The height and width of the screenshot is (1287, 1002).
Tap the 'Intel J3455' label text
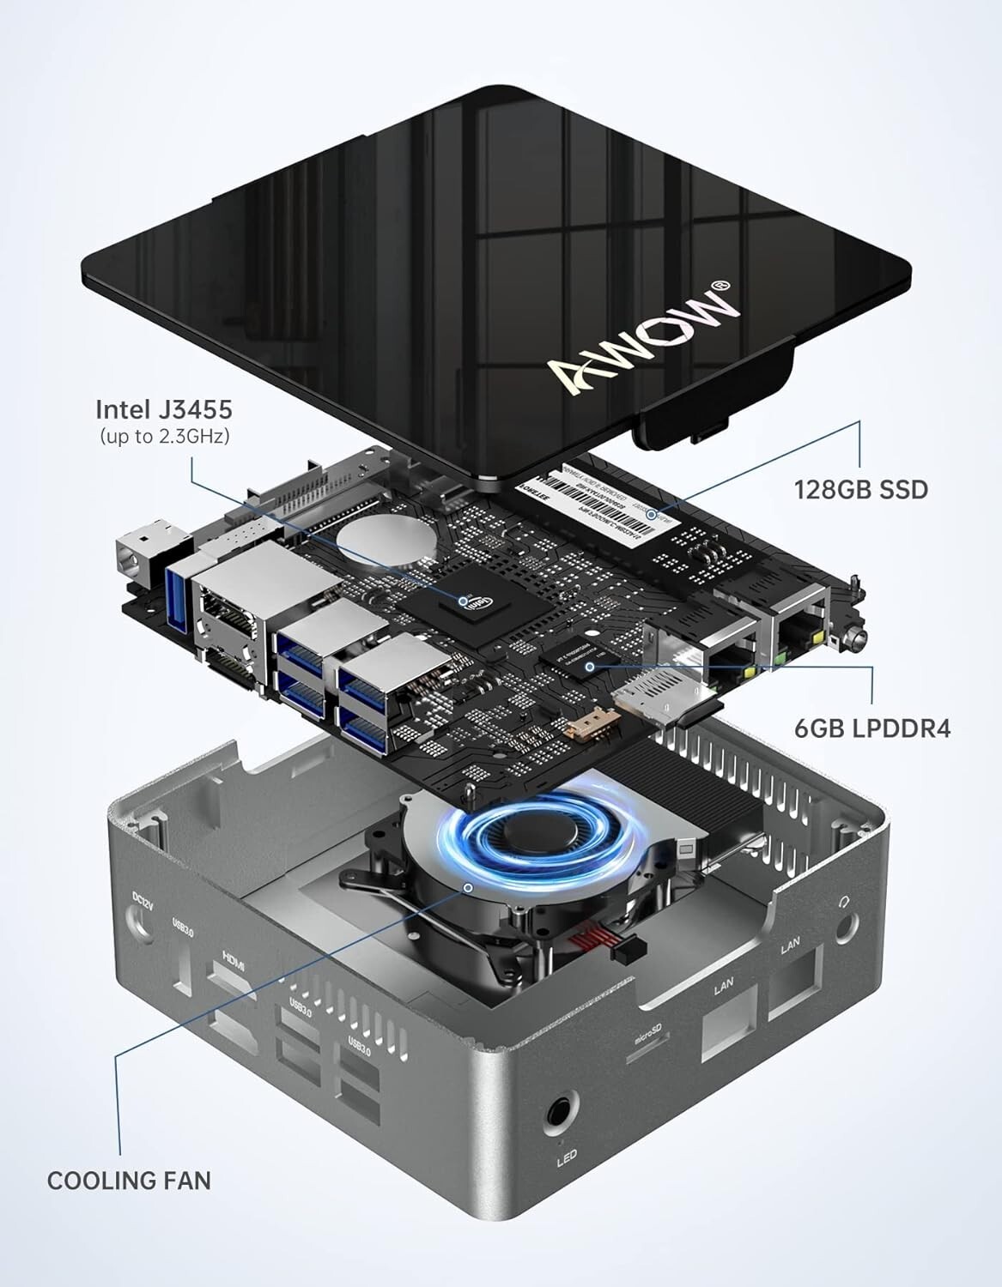pyautogui.click(x=163, y=408)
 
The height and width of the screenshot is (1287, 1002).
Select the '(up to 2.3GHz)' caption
pyautogui.click(x=164, y=436)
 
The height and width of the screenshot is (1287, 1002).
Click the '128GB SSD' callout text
pyautogui.click(x=861, y=490)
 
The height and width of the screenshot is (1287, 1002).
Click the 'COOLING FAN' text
pyautogui.click(x=129, y=1181)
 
